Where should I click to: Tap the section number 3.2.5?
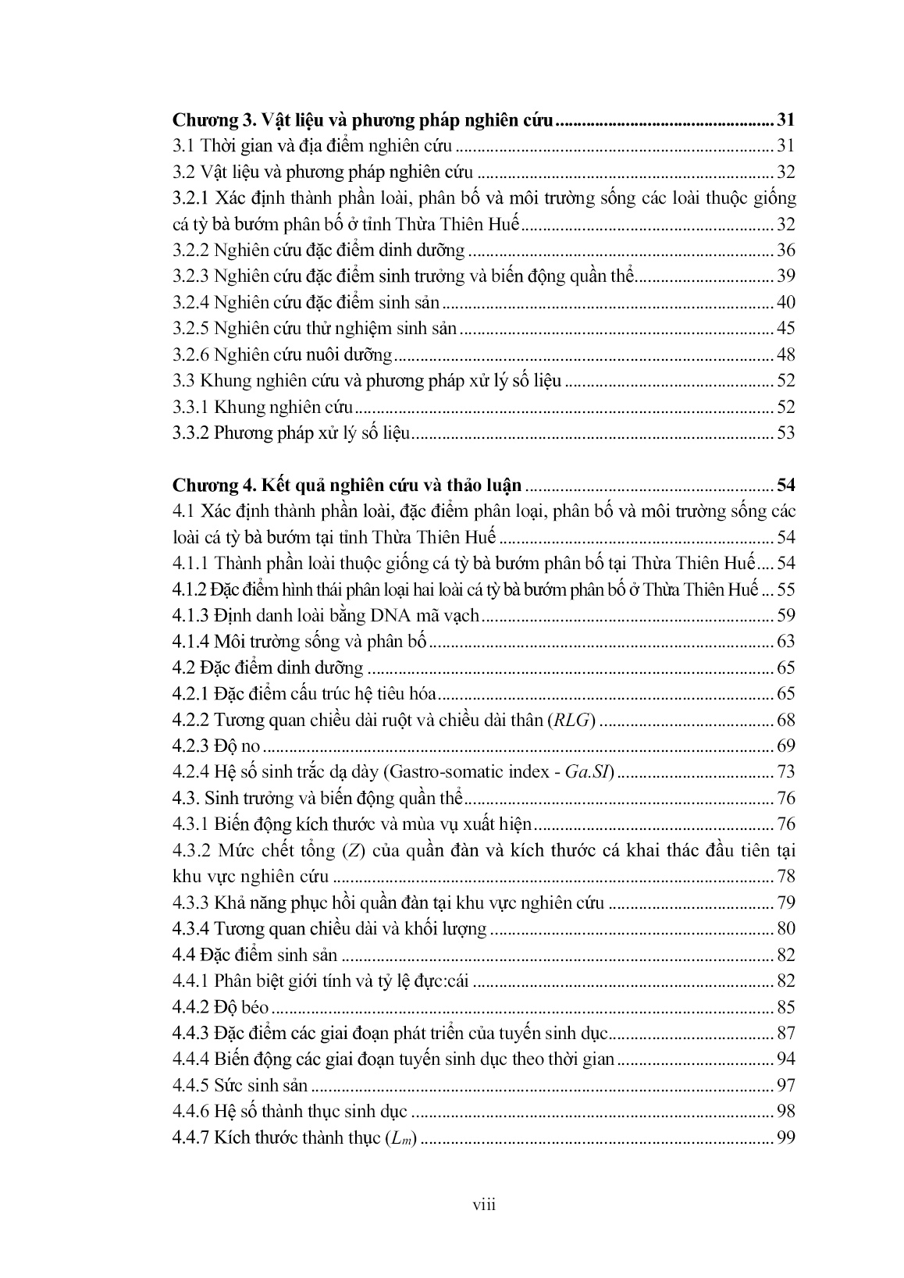190,329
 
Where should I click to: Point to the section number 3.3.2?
190,433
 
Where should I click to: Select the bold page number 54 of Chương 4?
785,486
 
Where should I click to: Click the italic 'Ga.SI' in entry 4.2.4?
593,772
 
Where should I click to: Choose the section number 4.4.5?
190,1085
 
